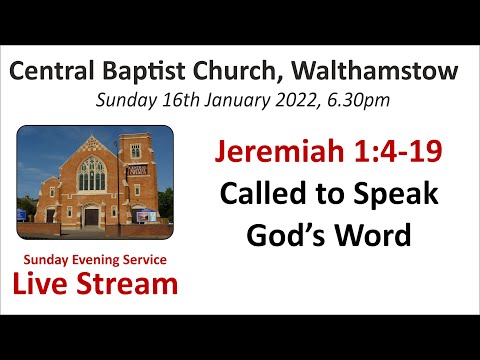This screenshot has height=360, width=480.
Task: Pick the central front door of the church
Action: coord(92,215)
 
